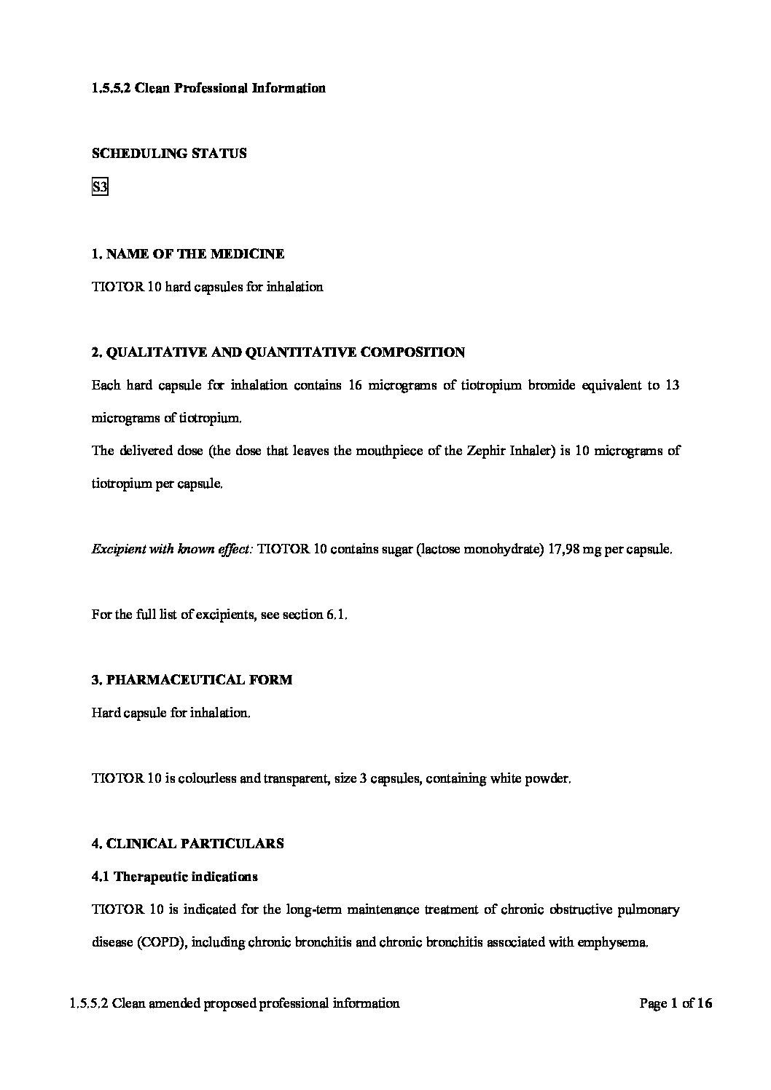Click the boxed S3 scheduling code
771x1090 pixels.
(x=100, y=188)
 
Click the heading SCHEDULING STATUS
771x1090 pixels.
(x=169, y=154)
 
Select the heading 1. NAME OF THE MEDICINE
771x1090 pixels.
(x=188, y=254)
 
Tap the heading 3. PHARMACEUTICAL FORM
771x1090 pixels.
(x=192, y=680)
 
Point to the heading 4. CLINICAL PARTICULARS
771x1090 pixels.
(x=188, y=844)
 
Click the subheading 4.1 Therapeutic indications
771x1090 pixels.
(x=175, y=877)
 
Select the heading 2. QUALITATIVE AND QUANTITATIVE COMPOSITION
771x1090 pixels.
(x=278, y=352)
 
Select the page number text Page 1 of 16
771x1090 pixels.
(x=676, y=1003)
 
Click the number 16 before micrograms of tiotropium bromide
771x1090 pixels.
(x=356, y=385)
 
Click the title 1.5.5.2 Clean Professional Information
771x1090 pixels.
(x=209, y=88)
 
